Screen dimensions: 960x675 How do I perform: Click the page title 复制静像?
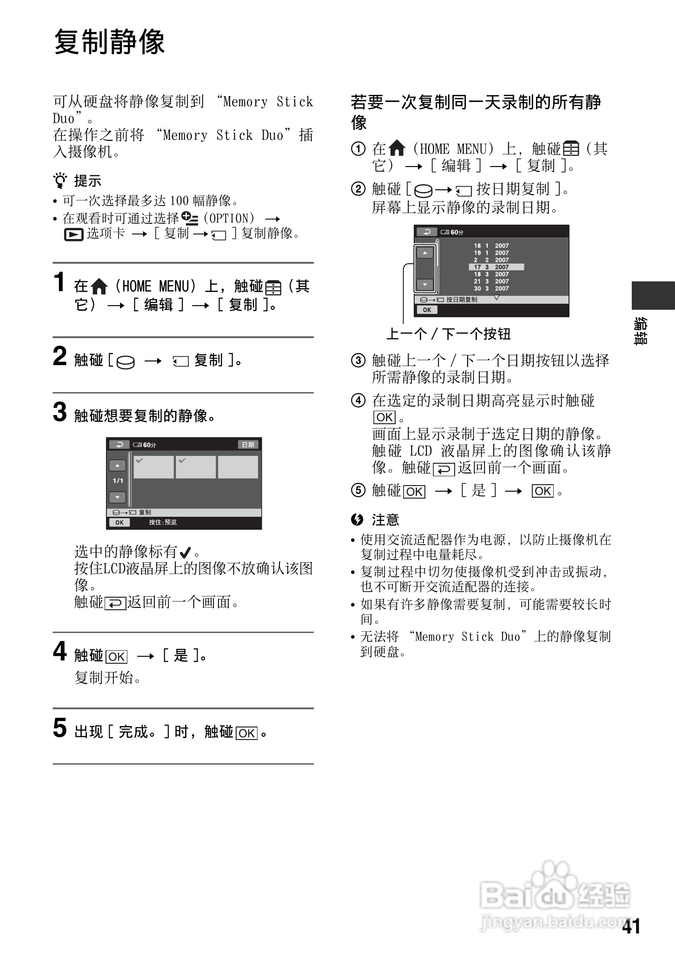click(109, 42)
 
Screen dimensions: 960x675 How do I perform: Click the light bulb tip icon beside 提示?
click(60, 180)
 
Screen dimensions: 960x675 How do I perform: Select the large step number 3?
click(60, 412)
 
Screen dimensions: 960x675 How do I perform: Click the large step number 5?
click(60, 728)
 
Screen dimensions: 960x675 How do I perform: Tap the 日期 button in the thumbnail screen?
click(248, 445)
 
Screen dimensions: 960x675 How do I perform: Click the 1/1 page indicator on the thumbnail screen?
click(118, 481)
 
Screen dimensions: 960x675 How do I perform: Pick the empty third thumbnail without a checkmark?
click(238, 467)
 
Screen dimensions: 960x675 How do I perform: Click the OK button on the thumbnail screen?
click(119, 522)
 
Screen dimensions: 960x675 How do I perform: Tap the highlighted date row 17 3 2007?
click(496, 267)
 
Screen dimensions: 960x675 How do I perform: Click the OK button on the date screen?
click(427, 310)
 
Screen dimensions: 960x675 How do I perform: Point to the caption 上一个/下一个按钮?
click(449, 334)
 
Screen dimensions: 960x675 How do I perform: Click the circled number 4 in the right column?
click(358, 400)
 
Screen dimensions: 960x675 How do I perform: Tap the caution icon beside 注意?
click(357, 519)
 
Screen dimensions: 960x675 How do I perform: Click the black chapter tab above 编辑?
click(653, 295)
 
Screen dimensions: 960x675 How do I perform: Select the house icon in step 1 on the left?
click(99, 287)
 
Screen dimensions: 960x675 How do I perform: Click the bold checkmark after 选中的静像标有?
click(185, 553)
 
